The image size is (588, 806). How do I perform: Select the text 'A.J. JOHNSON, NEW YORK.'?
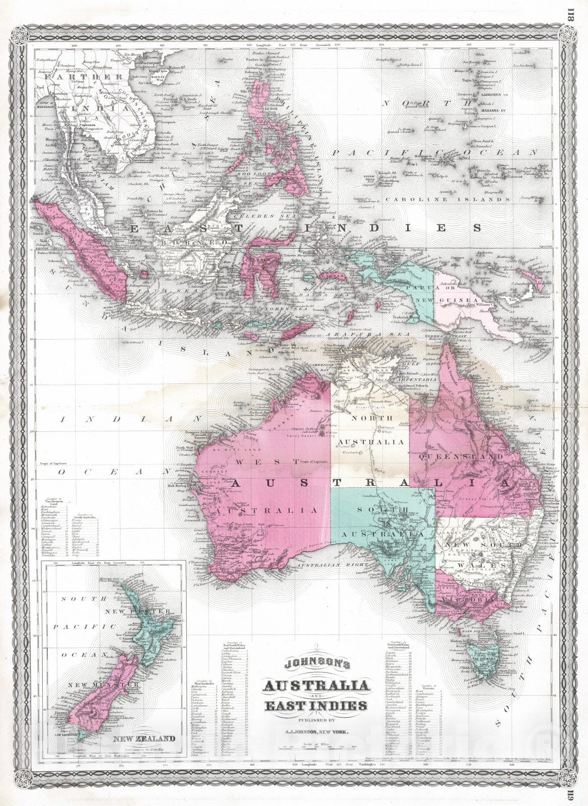(x=315, y=724)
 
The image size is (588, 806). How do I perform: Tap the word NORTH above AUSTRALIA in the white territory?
(x=369, y=418)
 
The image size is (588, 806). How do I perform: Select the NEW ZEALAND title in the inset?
(x=145, y=739)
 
